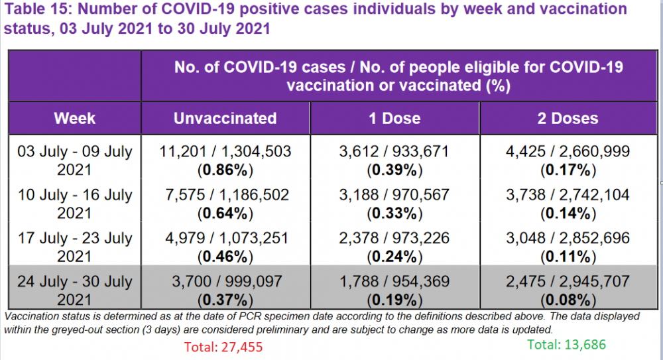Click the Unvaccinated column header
225,119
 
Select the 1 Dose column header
394,119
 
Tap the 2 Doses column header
568,119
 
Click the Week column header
74,119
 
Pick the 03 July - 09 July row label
74,161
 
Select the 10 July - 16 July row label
74,204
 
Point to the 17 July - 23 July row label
74,247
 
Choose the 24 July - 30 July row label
74,290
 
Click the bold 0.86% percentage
225,170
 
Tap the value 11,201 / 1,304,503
225,152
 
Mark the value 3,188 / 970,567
394,195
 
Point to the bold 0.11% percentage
568,256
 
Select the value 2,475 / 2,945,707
568,280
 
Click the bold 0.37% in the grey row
225,299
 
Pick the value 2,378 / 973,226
394,238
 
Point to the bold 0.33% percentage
395,213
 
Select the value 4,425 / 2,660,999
568,152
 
